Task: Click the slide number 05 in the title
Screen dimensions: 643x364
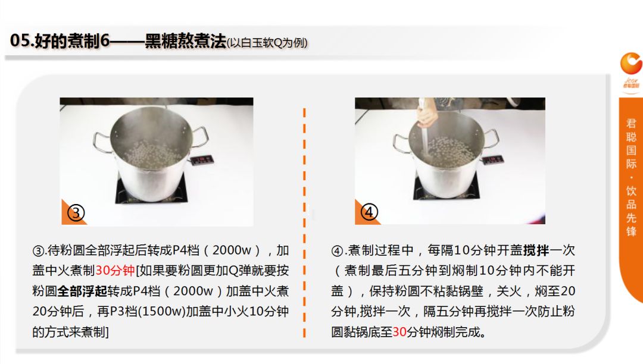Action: click(20, 41)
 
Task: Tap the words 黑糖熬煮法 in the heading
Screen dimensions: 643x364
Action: click(185, 41)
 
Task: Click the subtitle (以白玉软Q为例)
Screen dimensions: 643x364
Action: click(267, 43)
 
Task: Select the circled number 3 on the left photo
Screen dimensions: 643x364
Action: click(76, 213)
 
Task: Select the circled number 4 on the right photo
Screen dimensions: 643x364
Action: click(369, 212)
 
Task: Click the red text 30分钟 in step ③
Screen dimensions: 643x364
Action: click(116, 270)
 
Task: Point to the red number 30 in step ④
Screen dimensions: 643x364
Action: click(399, 332)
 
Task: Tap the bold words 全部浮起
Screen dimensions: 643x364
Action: click(82, 291)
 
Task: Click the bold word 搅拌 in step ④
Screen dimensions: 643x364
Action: click(536, 250)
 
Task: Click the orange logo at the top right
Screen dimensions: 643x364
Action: click(630, 64)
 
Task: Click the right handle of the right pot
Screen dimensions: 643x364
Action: click(492, 138)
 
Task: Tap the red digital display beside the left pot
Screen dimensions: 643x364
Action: click(201, 159)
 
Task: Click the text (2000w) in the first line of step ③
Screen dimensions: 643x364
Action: click(232, 250)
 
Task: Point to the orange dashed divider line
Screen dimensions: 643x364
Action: click(304, 222)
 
